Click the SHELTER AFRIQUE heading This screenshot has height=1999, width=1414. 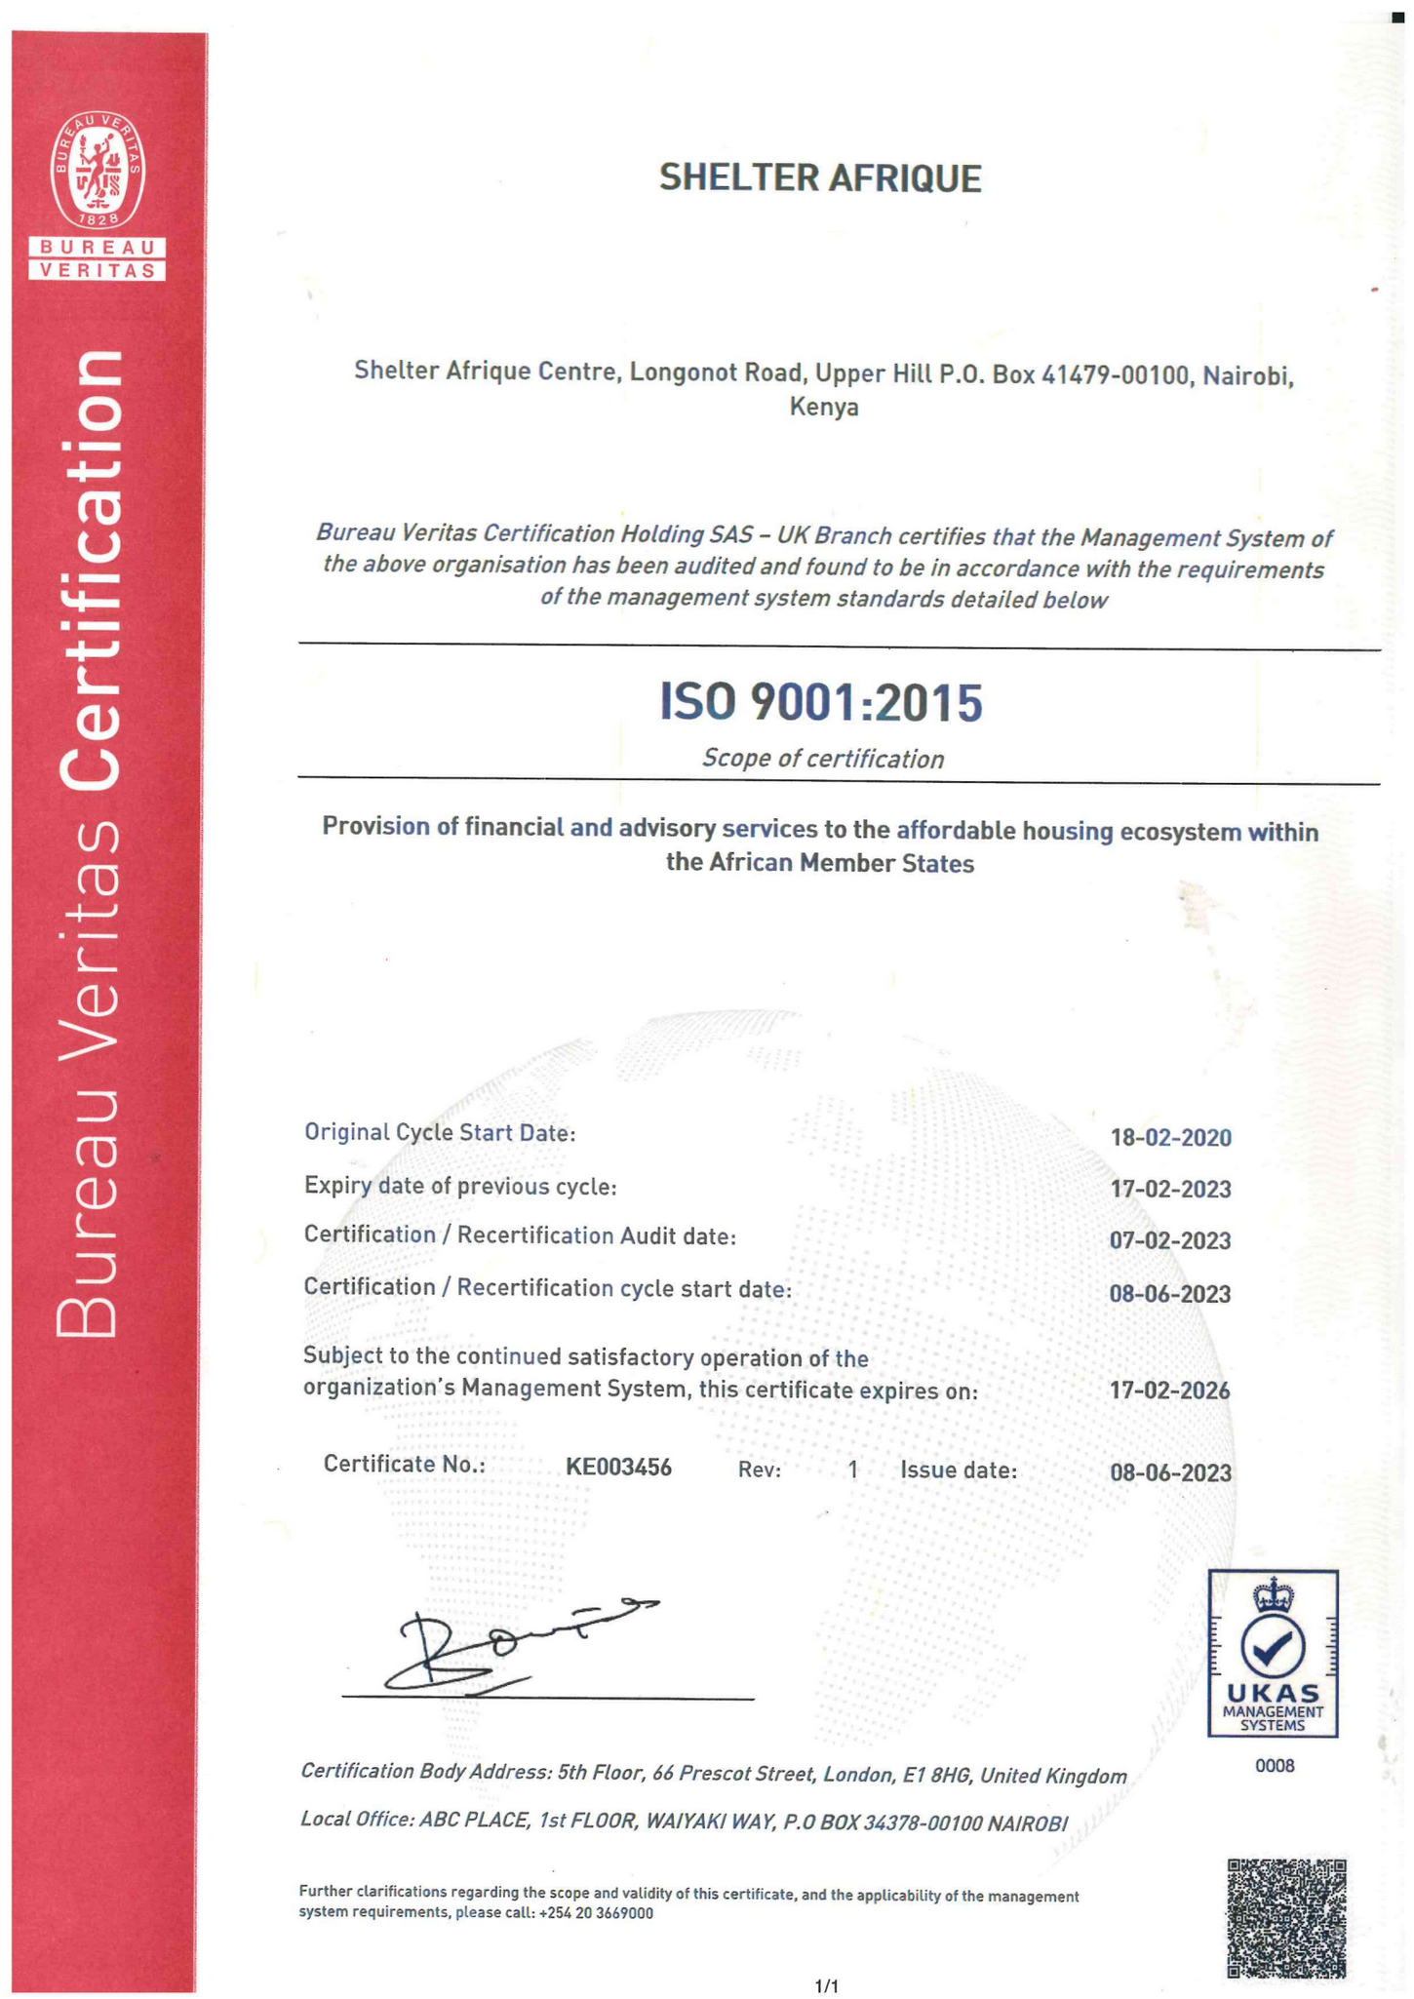[819, 178]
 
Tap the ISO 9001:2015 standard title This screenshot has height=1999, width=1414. [820, 702]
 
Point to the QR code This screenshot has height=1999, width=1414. [1285, 1917]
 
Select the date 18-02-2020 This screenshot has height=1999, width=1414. [1169, 1137]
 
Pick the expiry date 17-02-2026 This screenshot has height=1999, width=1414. [1169, 1390]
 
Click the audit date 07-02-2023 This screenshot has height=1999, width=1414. [1169, 1240]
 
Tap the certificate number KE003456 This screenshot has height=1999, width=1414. [618, 1467]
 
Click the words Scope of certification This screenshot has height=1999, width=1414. [822, 759]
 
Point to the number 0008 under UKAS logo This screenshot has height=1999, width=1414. [1274, 1765]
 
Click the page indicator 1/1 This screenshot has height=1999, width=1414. [825, 1984]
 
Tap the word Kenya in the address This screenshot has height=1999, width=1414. [823, 407]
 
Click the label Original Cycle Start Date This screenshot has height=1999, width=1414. [440, 1132]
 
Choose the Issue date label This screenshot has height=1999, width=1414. [958, 1470]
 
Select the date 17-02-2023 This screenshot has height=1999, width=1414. [1169, 1189]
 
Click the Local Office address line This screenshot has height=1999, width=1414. [683, 1822]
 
